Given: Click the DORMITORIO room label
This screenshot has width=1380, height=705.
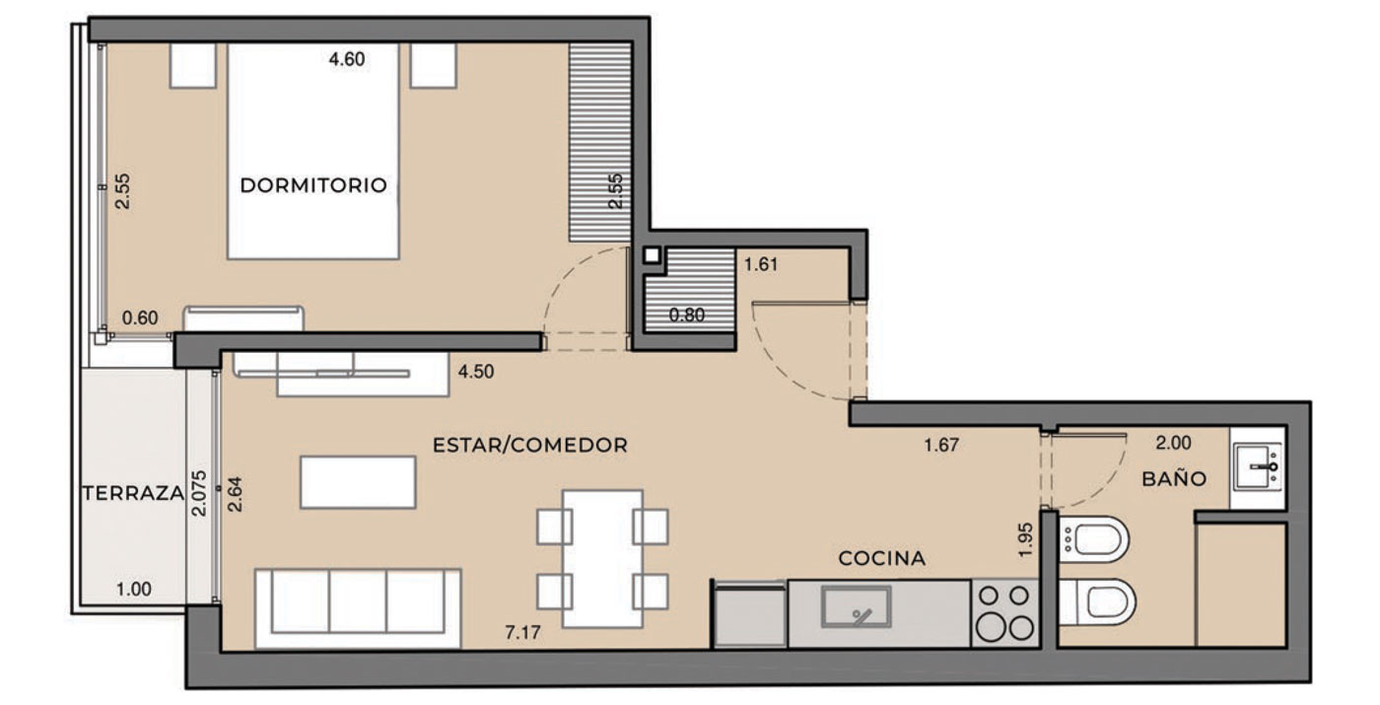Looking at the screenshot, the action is pos(313,185).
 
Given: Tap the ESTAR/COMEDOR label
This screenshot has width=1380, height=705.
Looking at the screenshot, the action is pos(530,445).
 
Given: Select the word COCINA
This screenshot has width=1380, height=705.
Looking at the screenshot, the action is pos(881,558).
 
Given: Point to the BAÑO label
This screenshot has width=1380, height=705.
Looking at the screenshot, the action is pos(1174,478).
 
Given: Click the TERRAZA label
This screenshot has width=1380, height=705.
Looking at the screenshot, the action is pos(133,493).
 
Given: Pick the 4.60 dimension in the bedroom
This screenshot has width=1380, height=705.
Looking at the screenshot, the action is pos(346,59).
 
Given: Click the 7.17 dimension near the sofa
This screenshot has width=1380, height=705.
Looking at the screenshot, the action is pos(522,632).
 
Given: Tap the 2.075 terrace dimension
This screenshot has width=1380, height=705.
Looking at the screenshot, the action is pos(199,493).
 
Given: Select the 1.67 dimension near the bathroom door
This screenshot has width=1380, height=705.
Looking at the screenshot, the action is pos(941,445).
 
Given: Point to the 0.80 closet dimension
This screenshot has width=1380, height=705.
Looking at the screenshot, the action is pos(686,315).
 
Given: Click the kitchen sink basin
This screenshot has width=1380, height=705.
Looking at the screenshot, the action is pos(857,606).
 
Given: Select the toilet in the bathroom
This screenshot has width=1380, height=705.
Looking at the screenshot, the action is pos(1098,601).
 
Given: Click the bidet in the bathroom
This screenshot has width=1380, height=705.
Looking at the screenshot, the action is pos(1094,539).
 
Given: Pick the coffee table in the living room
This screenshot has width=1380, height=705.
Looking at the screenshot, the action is pos(358,482).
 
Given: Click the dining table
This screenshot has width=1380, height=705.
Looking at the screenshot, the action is pos(602,559).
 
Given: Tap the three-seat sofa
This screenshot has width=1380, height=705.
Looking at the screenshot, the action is pos(358,609).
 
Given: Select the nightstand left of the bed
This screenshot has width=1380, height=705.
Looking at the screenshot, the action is pos(193,65).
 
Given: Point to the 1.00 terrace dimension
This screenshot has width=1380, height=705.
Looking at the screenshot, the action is pos(134,590).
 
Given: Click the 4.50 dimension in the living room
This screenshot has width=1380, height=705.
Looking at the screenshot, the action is pos(475,372).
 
